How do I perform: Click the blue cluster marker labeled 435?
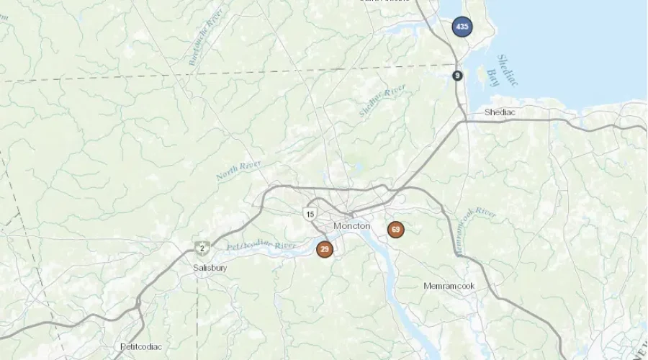click(x=462, y=27)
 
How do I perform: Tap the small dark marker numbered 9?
click(x=458, y=76)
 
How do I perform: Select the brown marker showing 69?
click(x=395, y=230)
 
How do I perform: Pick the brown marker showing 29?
click(x=325, y=249)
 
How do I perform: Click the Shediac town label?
click(x=500, y=112)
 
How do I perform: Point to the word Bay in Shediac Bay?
click(x=493, y=78)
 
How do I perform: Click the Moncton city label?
click(x=352, y=226)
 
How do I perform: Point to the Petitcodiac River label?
click(x=261, y=246)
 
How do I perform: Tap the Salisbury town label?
click(x=210, y=268)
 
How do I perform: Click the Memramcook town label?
click(x=449, y=286)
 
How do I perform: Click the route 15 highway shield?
click(x=310, y=214)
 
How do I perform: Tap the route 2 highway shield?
click(x=202, y=248)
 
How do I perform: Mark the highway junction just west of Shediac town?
click(x=464, y=121)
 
